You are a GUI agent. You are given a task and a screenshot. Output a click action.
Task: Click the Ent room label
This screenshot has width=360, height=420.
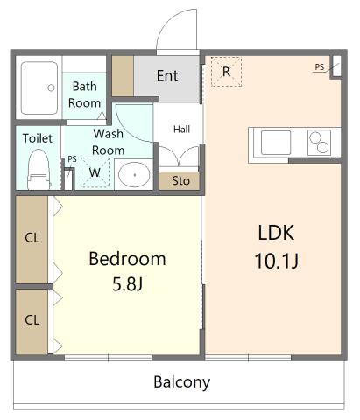(167, 76)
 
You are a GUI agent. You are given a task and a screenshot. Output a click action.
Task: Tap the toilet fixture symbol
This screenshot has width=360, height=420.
(39, 170)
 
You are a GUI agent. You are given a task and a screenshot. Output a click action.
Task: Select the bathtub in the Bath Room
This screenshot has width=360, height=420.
(39, 87)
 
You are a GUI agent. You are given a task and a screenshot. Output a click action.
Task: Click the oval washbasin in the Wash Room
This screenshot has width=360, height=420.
(134, 175)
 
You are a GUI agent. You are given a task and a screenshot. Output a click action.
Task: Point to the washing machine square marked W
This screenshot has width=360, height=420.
(95, 172)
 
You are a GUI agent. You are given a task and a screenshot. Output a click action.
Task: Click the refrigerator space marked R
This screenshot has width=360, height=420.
(226, 72)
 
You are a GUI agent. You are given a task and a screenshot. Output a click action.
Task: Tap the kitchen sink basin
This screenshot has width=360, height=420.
(276, 143)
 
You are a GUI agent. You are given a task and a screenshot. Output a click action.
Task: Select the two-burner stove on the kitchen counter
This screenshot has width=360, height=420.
(319, 143)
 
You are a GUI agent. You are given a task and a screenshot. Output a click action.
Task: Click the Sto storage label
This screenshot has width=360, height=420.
(180, 181)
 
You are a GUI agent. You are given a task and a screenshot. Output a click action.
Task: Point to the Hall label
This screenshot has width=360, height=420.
(181, 129)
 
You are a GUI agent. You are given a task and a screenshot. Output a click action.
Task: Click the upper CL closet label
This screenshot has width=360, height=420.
(32, 238)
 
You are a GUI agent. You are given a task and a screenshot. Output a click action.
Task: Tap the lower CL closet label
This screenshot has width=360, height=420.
(32, 320)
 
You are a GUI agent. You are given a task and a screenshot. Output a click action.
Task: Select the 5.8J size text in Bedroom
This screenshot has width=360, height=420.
(128, 284)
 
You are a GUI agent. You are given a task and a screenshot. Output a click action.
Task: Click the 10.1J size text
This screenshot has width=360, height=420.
(277, 261)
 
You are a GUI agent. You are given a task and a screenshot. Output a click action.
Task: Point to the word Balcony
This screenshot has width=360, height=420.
(182, 382)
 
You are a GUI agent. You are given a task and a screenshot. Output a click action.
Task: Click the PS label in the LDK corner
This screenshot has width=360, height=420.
(320, 67)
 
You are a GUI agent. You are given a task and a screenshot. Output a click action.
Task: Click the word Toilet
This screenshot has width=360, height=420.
(38, 138)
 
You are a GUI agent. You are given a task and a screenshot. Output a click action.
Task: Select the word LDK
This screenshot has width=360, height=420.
(276, 233)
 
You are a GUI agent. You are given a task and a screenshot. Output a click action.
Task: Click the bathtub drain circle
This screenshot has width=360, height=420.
(51, 87)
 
